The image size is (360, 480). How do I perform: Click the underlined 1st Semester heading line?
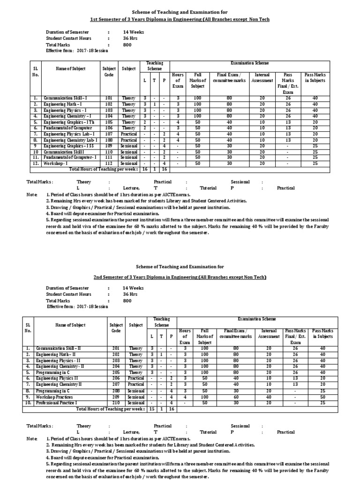pyautogui.click(x=180, y=19)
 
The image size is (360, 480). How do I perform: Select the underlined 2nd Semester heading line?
pyautogui.click(x=180, y=277)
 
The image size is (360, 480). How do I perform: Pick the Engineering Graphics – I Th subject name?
pyautogui.click(x=69, y=122)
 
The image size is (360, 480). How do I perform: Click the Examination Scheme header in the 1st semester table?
pyautogui.click(x=253, y=62)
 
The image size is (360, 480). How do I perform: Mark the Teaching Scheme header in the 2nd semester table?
pyautogui.click(x=161, y=322)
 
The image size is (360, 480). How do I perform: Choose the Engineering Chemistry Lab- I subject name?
pyautogui.click(x=71, y=140)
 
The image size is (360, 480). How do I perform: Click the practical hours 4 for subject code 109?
pyautogui.click(x=164, y=146)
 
